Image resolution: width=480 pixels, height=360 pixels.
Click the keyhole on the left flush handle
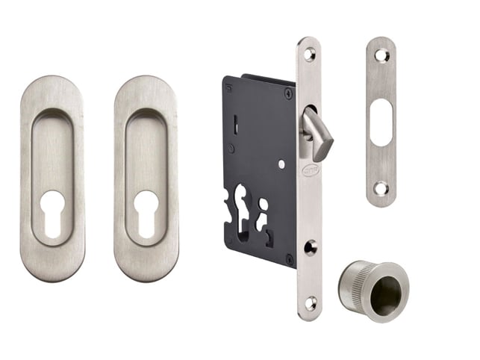pos(52,211)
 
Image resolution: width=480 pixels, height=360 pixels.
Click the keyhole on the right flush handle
pos(146,211)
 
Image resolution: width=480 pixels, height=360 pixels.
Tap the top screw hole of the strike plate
pos(381,55)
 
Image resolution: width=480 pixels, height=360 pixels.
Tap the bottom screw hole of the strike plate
pos(381,188)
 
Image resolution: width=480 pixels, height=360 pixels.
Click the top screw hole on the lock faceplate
pos(309,55)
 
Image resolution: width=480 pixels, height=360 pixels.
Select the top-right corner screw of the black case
pos(288,93)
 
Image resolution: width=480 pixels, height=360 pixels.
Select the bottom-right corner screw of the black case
pos(290,258)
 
